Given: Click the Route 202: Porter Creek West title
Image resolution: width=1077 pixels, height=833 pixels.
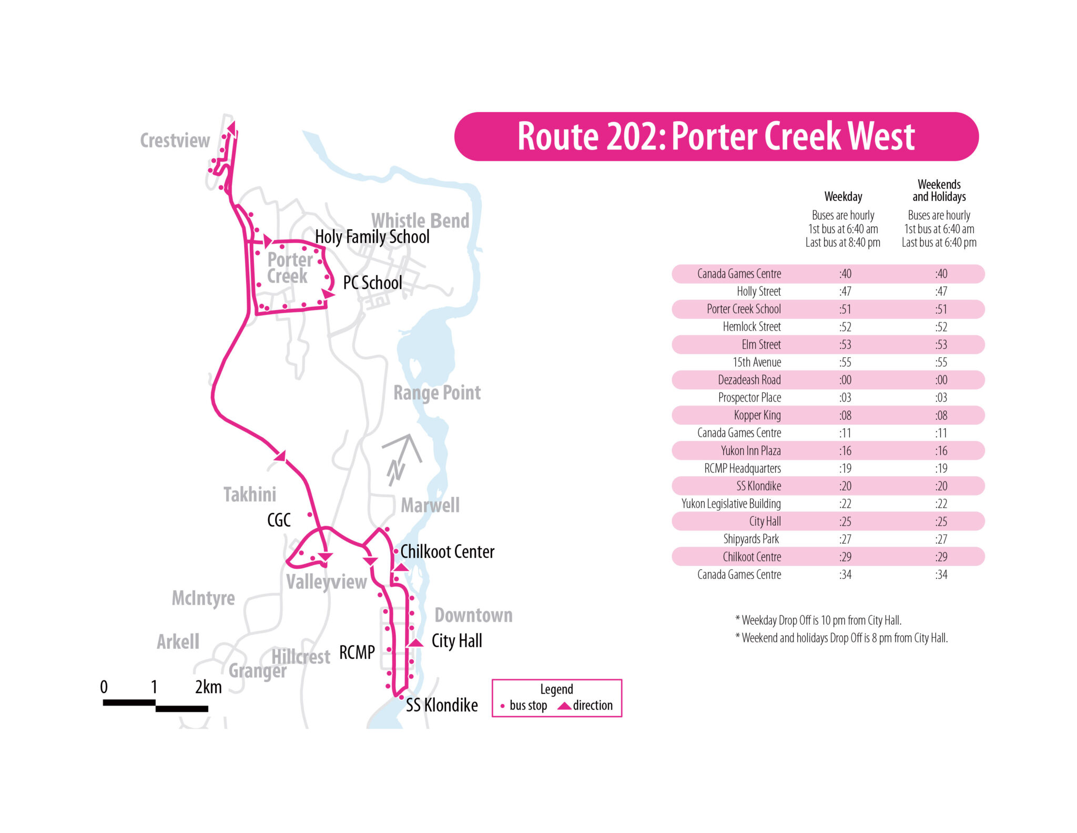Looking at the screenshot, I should (716, 136).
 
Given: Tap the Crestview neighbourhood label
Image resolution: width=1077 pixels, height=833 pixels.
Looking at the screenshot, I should (175, 140).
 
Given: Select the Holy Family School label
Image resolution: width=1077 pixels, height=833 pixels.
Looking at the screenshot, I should (372, 237).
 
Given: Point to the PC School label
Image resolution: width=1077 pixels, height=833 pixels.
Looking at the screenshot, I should (372, 283).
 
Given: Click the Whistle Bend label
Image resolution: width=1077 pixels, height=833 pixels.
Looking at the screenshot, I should (420, 220).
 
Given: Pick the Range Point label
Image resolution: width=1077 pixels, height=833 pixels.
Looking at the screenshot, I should (437, 393).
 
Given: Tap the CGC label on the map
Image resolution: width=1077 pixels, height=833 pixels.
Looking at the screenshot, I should (279, 520).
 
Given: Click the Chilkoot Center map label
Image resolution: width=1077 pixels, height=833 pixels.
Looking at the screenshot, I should (447, 551).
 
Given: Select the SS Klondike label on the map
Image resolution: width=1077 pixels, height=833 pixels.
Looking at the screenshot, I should (442, 705).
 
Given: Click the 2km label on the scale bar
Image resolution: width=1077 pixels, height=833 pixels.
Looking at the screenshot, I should (208, 687).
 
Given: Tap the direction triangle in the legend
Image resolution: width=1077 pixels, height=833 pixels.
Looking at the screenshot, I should (564, 706).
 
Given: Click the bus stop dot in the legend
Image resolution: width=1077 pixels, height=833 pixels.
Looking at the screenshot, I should (503, 706).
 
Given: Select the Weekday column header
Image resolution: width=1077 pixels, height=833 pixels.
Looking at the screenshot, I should (843, 197).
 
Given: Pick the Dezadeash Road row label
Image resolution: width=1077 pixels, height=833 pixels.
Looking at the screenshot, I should (749, 380).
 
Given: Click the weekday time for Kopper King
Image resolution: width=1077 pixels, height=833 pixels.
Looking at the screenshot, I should (845, 415).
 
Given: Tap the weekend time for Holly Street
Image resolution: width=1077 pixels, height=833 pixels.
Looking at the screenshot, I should (941, 292).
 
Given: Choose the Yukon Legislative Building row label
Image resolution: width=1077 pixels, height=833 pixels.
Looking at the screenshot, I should (731, 504).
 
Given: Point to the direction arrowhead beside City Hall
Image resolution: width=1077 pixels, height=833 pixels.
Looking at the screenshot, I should (415, 643).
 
